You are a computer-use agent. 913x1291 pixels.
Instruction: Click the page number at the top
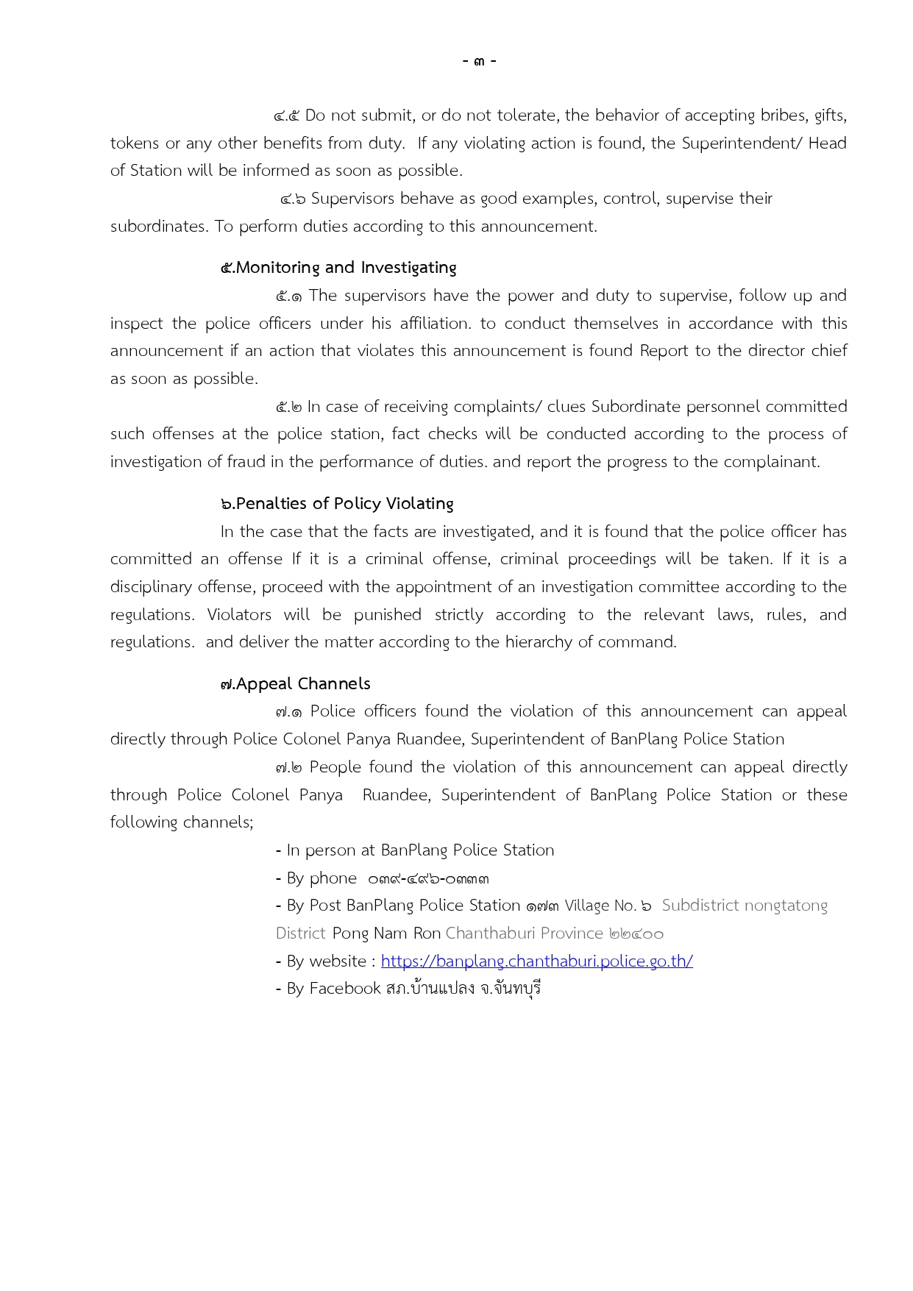coord(480,60)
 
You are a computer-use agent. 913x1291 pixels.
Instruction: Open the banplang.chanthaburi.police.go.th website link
coord(537,961)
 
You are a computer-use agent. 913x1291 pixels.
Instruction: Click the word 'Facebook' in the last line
coord(344,989)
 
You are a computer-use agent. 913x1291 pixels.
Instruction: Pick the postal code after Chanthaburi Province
coord(636,933)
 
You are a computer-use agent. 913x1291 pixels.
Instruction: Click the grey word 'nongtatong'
coord(786,906)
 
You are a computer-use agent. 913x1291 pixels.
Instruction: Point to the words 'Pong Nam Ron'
coord(386,933)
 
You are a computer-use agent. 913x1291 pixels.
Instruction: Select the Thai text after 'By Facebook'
coord(463,989)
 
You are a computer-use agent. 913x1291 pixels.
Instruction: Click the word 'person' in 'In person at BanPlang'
coord(330,851)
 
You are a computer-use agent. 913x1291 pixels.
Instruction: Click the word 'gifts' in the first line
coord(830,115)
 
